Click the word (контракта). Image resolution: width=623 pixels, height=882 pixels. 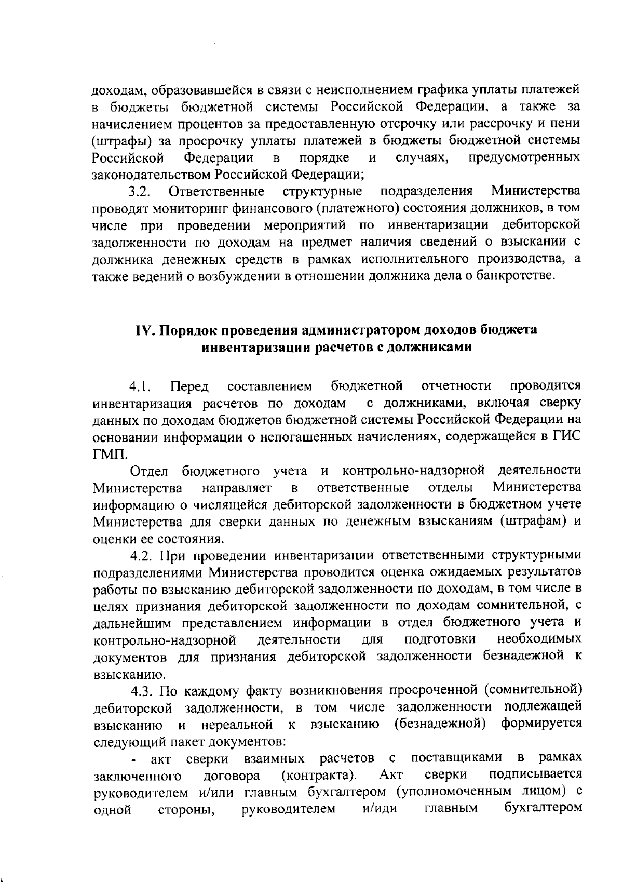click(x=318, y=776)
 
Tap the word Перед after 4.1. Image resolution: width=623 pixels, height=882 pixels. click(x=189, y=386)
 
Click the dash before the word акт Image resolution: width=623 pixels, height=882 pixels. click(x=135, y=760)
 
